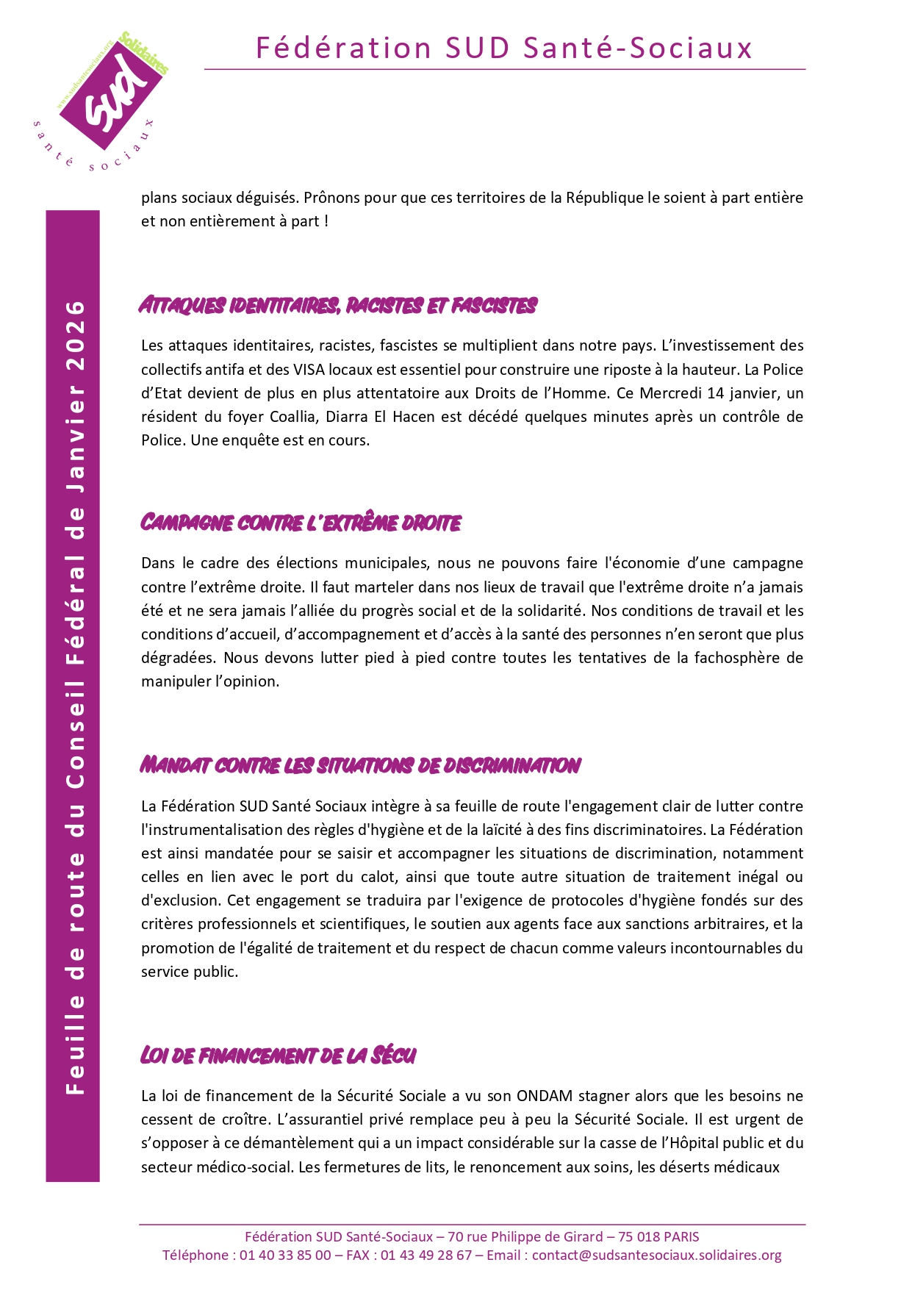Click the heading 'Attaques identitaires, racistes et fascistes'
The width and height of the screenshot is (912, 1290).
point(338,305)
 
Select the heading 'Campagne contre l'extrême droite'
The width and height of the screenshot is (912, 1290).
point(301,523)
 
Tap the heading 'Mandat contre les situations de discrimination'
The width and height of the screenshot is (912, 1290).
point(360,765)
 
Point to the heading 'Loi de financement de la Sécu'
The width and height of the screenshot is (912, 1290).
point(278,1056)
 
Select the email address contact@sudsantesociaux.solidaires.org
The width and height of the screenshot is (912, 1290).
point(656,1255)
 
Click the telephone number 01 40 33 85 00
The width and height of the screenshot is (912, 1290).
point(285,1255)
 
